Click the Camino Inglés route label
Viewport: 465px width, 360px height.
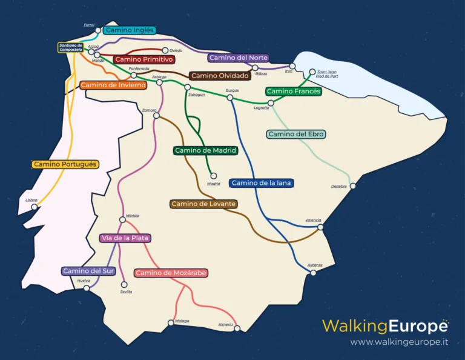[x=130, y=30]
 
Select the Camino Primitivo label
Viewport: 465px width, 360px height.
[x=144, y=59]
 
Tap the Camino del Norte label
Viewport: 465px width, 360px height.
[x=238, y=58]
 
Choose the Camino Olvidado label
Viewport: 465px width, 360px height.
[x=220, y=76]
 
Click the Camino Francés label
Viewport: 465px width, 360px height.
[x=293, y=92]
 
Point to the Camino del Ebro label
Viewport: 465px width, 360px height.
[x=296, y=134]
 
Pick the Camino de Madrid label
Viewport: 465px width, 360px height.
[x=205, y=150]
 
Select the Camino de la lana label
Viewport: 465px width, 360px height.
[x=260, y=183]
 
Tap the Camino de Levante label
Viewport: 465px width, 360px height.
[x=203, y=204]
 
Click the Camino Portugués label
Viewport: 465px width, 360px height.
[x=65, y=164]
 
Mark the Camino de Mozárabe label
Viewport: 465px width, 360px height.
[x=171, y=273]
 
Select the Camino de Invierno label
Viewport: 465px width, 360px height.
[x=113, y=85]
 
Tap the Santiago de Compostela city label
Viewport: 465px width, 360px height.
[x=71, y=47]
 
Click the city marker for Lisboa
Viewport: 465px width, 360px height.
[x=35, y=207]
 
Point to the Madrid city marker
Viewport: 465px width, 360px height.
[x=213, y=176]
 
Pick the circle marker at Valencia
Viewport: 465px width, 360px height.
[x=320, y=227]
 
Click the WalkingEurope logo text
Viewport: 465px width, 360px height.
[x=385, y=326]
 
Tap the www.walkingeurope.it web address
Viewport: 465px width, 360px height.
[x=399, y=342]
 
